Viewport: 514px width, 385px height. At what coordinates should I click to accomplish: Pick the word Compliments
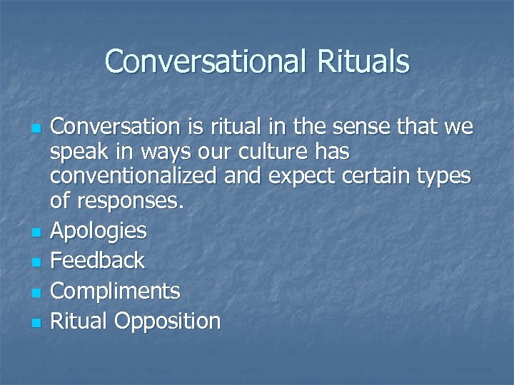pos(115,291)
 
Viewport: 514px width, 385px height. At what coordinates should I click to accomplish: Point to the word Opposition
pos(168,322)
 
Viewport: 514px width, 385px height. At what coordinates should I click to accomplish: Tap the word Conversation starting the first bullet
pos(116,127)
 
